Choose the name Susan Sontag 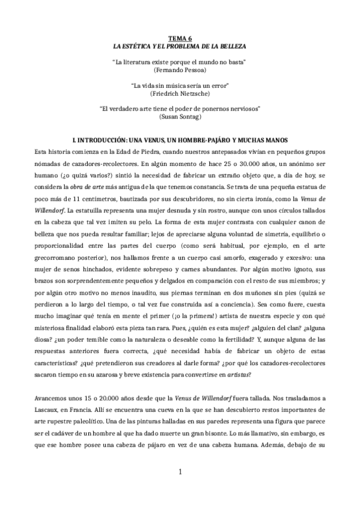pyautogui.click(x=180, y=118)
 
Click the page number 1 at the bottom pyautogui.click(x=180, y=488)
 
